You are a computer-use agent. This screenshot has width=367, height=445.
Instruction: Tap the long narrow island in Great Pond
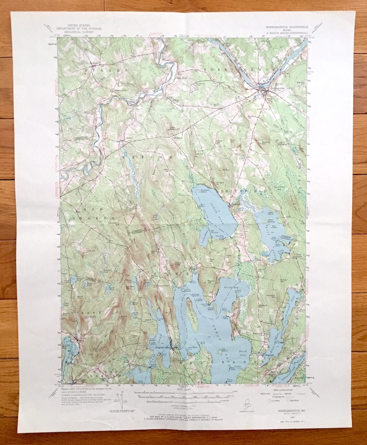point(192,314)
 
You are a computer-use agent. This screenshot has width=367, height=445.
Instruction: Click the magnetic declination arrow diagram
point(121,399)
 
